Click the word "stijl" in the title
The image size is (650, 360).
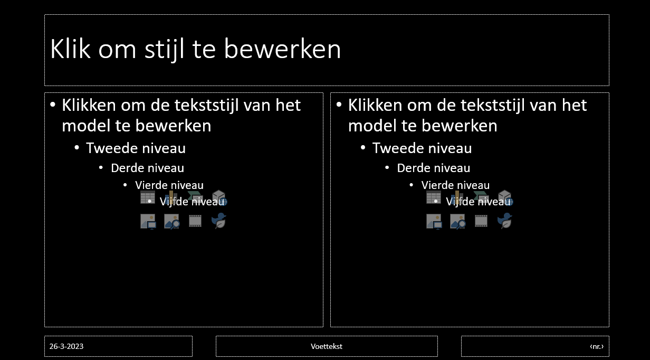click(x=164, y=50)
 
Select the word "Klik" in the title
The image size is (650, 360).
click(x=70, y=49)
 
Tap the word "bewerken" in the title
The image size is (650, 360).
click(x=282, y=49)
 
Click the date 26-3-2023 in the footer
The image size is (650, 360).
click(x=66, y=346)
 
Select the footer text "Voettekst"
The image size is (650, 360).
click(x=327, y=346)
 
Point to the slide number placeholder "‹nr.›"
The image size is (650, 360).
click(x=597, y=346)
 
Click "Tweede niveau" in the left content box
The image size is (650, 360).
click(x=136, y=148)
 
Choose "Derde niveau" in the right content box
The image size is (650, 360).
click(x=434, y=168)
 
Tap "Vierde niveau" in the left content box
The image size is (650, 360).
click(x=169, y=185)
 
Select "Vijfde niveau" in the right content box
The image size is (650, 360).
click(x=478, y=202)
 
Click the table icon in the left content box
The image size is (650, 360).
click(x=148, y=197)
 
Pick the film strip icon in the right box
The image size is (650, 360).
click(x=481, y=221)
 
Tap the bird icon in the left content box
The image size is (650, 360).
click(x=219, y=221)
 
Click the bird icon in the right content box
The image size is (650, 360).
click(x=505, y=221)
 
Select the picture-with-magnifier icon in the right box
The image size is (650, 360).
click(x=458, y=222)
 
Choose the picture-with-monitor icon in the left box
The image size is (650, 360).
click(x=148, y=222)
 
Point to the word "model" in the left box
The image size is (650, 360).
click(x=86, y=126)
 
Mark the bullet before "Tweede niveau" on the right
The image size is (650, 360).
click(x=363, y=148)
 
